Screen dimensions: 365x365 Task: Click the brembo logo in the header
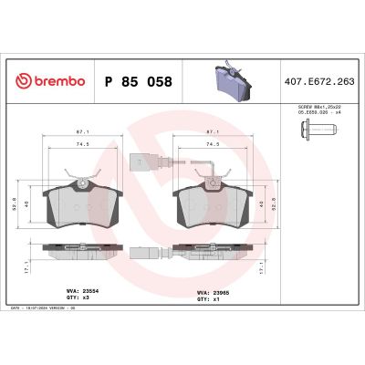point(50,81)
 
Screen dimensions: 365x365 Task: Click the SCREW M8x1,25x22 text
point(318,107)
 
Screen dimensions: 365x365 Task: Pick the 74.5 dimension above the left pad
point(83,143)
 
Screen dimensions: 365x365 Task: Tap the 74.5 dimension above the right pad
point(216,143)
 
